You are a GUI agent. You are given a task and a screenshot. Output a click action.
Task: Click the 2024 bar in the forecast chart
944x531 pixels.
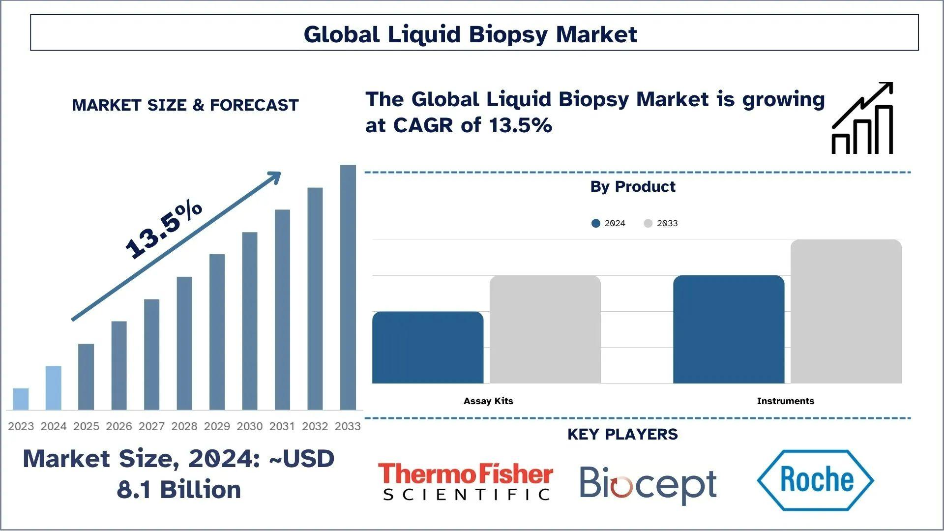point(53,388)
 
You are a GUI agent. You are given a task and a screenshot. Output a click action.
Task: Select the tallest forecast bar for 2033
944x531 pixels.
point(348,288)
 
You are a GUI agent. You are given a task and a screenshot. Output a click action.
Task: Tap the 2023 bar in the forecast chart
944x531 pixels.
point(21,399)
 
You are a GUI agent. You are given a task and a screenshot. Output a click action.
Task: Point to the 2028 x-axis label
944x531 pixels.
point(184,426)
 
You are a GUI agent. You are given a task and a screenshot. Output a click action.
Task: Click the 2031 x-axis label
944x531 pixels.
point(282,426)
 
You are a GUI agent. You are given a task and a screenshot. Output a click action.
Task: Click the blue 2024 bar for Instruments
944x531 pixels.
point(729,329)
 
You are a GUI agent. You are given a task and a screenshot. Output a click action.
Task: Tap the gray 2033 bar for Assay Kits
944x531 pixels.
point(545,329)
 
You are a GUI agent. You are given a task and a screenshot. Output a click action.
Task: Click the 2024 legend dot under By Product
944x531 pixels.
point(596,223)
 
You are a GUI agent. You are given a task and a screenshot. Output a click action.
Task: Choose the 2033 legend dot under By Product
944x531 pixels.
point(648,223)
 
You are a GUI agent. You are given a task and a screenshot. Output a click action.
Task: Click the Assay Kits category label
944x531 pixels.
point(488,401)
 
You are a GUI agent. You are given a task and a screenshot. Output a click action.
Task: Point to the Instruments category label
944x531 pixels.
point(785,401)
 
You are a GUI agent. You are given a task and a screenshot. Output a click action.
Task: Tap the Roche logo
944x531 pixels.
point(815,480)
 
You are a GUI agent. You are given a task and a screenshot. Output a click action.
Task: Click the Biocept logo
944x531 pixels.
point(648,484)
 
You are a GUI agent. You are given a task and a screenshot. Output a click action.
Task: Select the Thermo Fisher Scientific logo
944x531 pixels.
point(465,481)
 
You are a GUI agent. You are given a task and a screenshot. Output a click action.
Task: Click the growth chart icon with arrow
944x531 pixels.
point(862,118)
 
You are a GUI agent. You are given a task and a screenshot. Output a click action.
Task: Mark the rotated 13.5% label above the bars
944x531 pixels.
point(163,230)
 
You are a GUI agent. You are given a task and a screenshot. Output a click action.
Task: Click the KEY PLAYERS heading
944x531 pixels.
point(622,434)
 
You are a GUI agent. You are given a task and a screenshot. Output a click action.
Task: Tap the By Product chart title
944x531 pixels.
point(633,187)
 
